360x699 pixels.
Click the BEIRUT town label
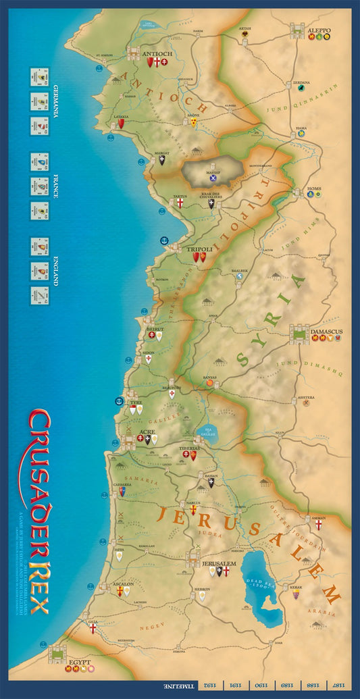155,328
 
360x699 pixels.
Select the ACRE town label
147,432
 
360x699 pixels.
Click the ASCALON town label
122,582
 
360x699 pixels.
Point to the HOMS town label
314,188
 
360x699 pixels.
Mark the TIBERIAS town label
189,448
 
